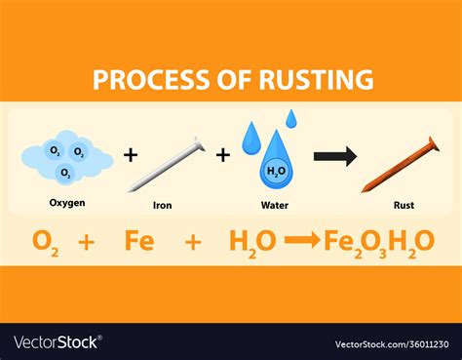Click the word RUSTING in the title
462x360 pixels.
(x=314, y=79)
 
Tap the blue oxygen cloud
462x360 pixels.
(x=66, y=156)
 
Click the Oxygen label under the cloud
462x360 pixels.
(x=66, y=204)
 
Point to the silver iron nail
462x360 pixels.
(x=166, y=164)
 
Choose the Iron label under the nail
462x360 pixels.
(x=164, y=206)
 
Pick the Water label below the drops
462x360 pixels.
(x=274, y=206)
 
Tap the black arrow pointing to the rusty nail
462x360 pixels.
(x=334, y=156)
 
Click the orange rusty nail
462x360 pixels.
(x=400, y=165)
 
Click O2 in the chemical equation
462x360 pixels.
(x=44, y=241)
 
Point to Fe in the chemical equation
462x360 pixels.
(x=139, y=241)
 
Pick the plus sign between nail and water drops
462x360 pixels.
(x=223, y=155)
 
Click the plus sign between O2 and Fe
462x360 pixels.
(x=89, y=241)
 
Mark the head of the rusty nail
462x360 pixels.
(x=433, y=144)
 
